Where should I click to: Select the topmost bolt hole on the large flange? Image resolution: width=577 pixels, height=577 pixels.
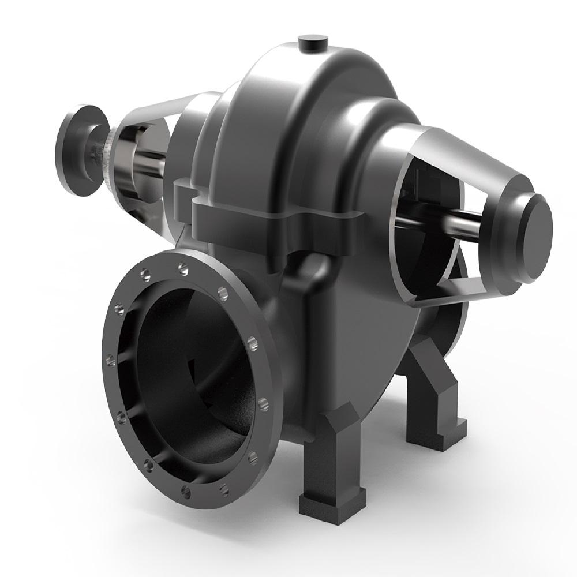point(183,267)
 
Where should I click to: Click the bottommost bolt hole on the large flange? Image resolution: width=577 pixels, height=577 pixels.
point(186,490)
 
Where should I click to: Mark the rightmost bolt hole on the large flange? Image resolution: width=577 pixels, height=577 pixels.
point(264,401)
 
